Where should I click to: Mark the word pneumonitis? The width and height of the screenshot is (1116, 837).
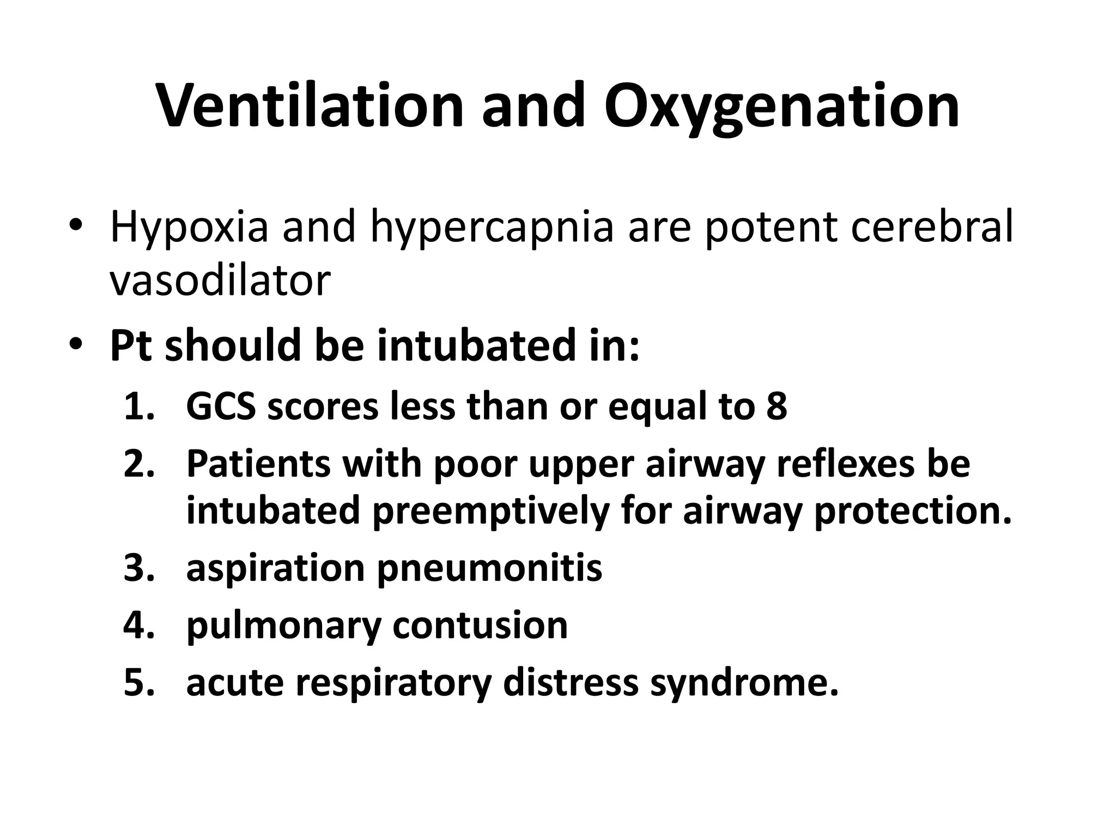pyautogui.click(x=489, y=568)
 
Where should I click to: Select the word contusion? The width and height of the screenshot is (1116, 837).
pyautogui.click(x=480, y=625)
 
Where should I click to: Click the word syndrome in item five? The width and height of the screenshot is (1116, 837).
pyautogui.click(x=744, y=682)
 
